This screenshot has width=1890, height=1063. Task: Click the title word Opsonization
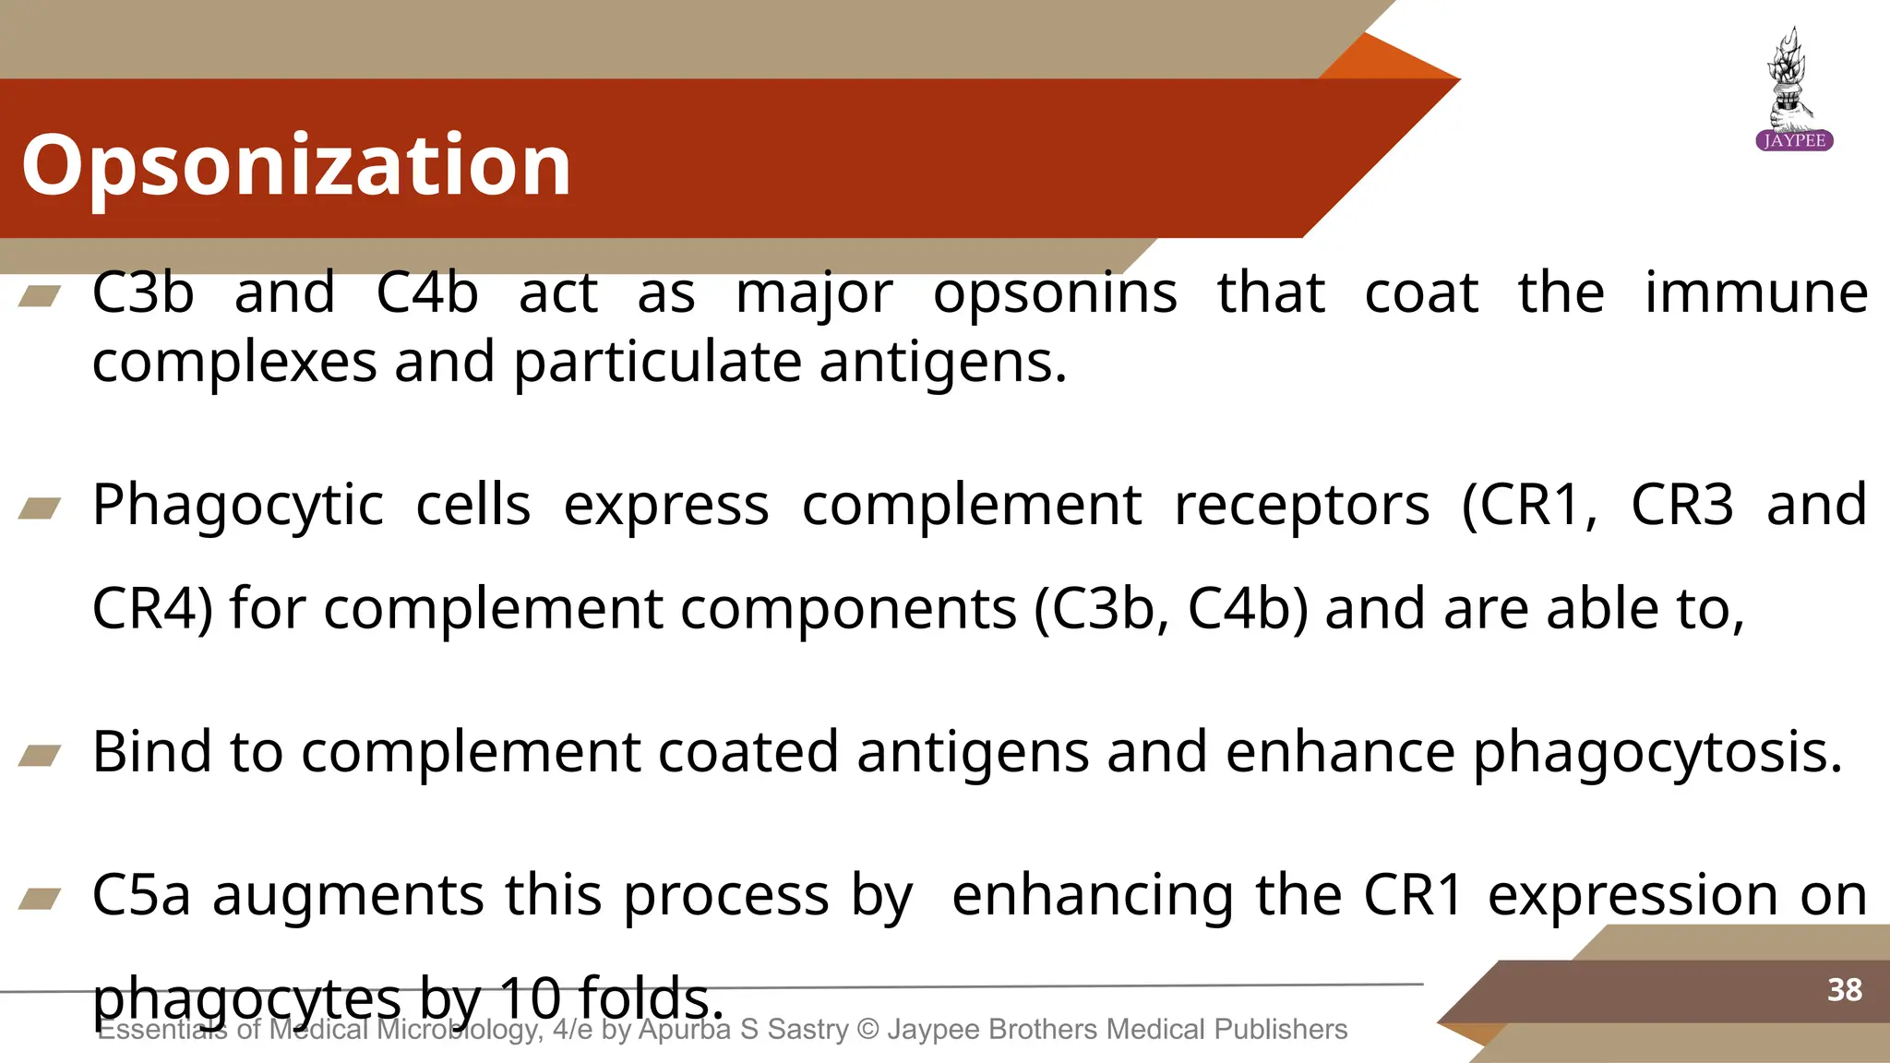pyautogui.click(x=296, y=166)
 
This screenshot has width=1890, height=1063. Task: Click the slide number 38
pyautogui.click(x=1844, y=990)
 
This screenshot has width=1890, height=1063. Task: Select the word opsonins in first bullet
pyautogui.click(x=1055, y=295)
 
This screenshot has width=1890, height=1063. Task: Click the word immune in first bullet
pyautogui.click(x=1756, y=293)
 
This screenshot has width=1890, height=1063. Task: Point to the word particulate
pyautogui.click(x=656, y=363)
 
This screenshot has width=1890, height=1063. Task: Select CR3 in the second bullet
pyautogui.click(x=1681, y=506)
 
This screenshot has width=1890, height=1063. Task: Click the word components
pyautogui.click(x=670, y=610)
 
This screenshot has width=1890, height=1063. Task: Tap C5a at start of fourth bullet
pyautogui.click(x=141, y=895)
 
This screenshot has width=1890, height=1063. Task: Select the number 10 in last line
pyautogui.click(x=530, y=998)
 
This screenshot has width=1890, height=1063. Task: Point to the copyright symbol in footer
pyautogui.click(x=867, y=1029)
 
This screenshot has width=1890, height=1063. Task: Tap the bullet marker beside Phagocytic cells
pyautogui.click(x=40, y=508)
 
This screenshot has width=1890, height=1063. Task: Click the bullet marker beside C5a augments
pyautogui.click(x=40, y=898)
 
